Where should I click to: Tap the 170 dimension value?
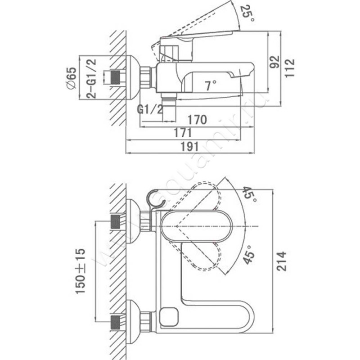coord(198,120)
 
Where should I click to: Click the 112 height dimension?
coord(289,68)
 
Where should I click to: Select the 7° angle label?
coord(210,85)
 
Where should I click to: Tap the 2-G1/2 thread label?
coord(92,77)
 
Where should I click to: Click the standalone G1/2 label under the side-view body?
coord(150,110)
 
